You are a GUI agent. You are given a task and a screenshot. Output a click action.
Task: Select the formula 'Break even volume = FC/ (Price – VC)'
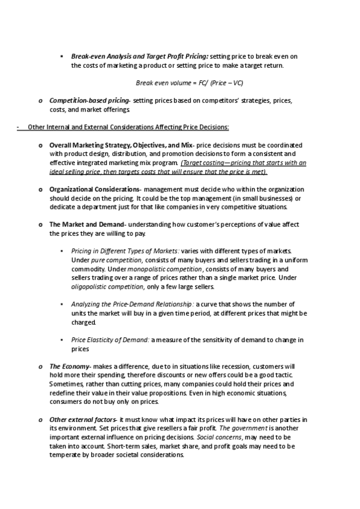[190, 82]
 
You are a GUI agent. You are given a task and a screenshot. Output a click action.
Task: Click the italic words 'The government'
[242, 428]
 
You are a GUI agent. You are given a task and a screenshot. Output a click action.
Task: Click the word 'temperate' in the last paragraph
[66, 455]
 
